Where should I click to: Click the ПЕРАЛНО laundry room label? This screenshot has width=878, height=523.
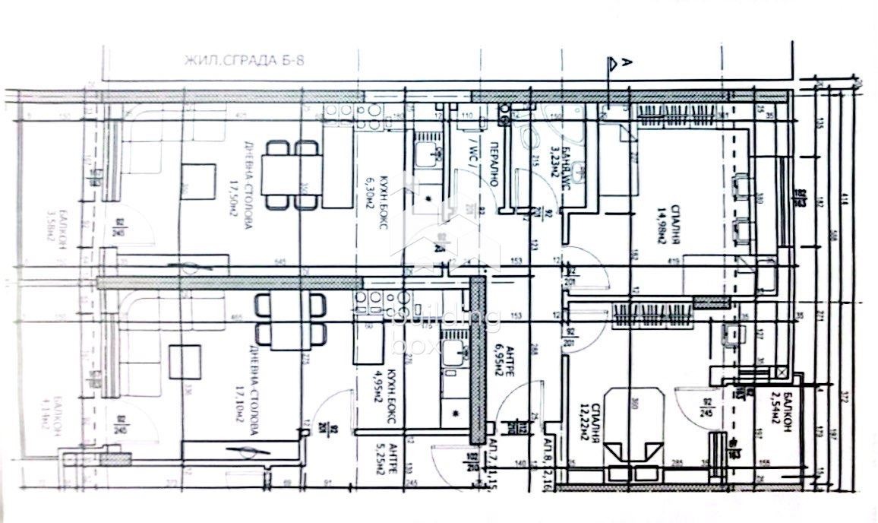coord(492,168)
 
